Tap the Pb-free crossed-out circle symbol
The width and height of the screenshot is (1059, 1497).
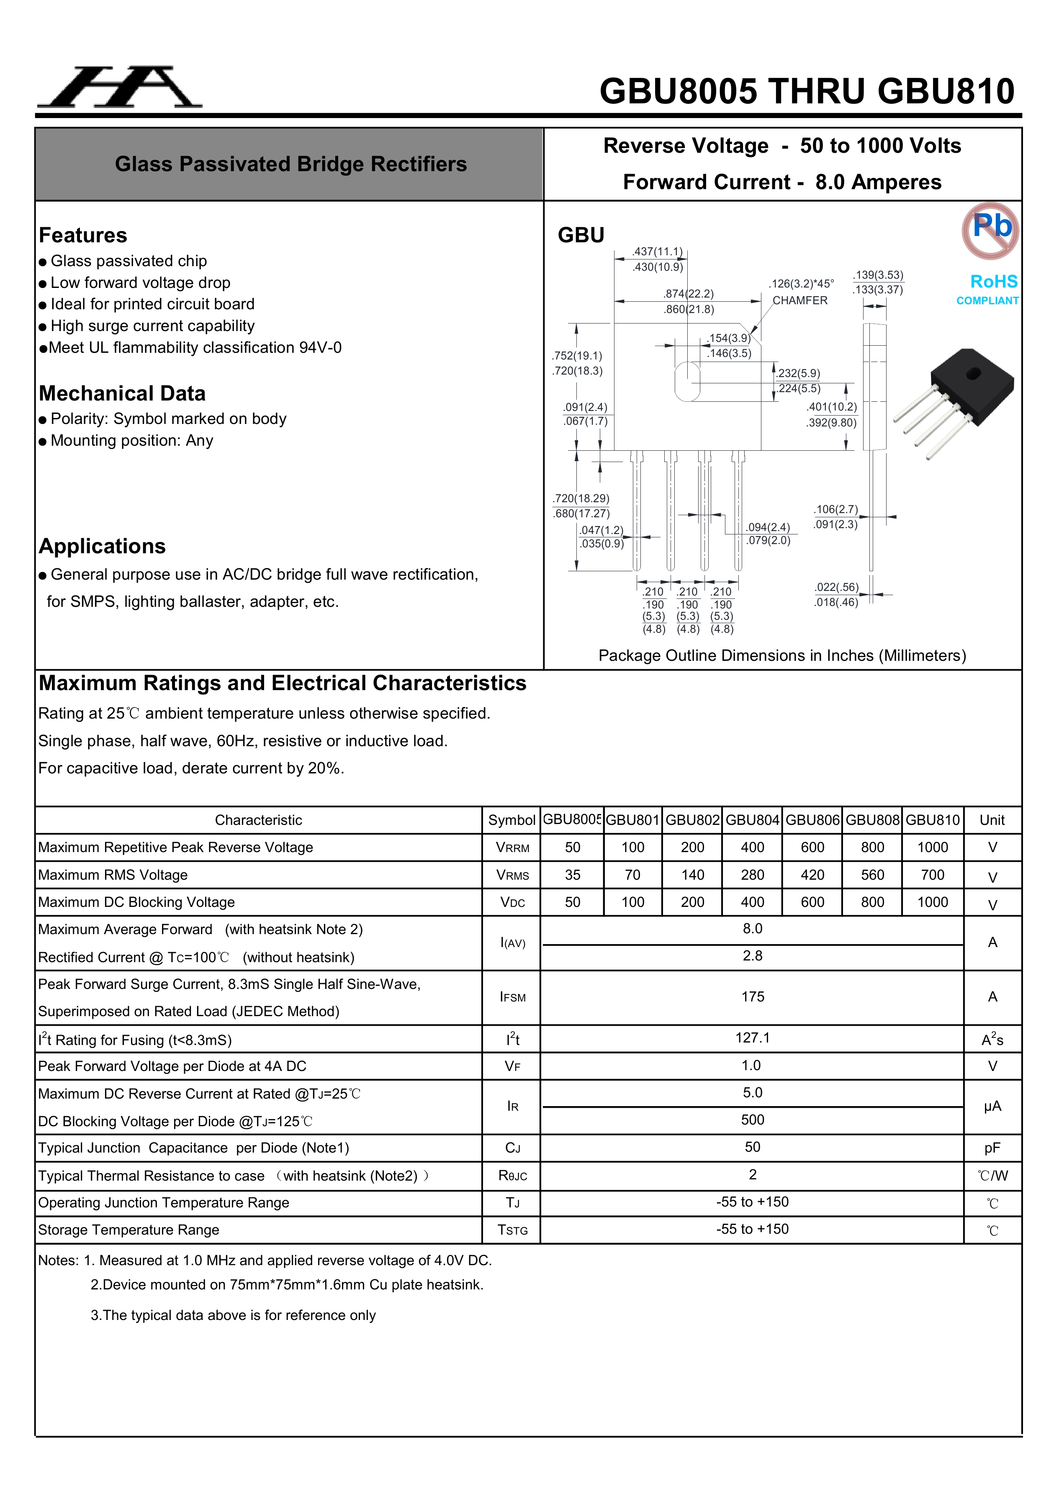[990, 230]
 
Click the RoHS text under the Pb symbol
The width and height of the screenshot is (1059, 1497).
[993, 282]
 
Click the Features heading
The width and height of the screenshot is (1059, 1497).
[83, 235]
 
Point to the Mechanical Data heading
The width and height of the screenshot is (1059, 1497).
[122, 394]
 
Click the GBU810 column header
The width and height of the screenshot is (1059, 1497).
[933, 820]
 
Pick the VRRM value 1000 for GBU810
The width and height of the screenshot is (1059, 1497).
[933, 847]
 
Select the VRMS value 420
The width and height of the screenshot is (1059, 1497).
[812, 875]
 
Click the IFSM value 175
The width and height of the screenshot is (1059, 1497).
[753, 997]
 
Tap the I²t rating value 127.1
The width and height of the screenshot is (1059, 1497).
[753, 1038]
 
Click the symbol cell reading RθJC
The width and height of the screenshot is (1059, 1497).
[512, 1176]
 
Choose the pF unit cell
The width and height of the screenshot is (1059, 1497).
[992, 1148]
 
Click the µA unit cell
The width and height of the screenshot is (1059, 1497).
[992, 1107]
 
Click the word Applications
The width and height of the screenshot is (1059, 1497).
[103, 547]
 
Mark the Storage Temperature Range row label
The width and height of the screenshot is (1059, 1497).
[129, 1230]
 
